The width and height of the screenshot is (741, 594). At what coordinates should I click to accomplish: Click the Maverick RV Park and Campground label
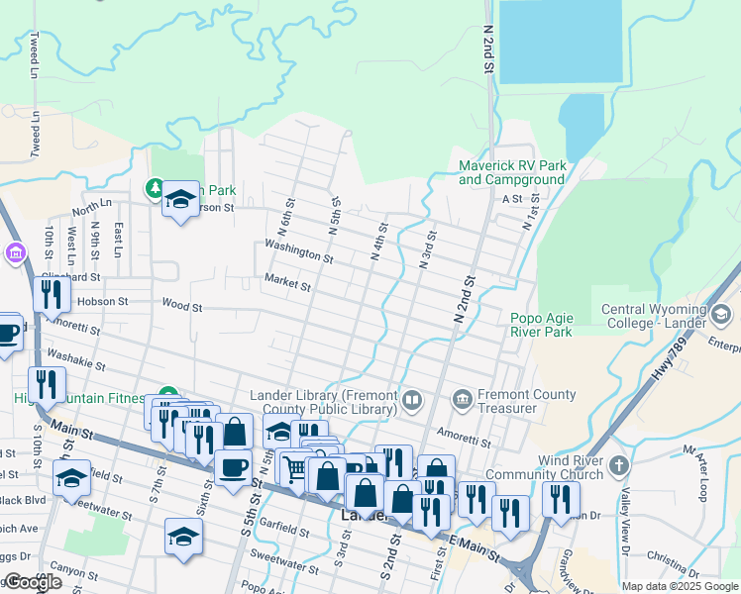(512, 172)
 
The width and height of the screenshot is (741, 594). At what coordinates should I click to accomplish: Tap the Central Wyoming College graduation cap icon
(720, 315)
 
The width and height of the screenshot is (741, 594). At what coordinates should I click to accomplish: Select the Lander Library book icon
(412, 401)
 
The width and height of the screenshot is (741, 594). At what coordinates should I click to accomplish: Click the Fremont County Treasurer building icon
(462, 401)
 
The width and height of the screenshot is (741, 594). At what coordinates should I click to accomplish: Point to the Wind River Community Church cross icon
(619, 466)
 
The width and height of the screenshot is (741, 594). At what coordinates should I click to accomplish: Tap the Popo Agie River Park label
(542, 325)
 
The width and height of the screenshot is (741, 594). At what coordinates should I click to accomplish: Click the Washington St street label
(298, 249)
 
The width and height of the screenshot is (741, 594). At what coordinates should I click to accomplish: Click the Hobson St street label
(103, 301)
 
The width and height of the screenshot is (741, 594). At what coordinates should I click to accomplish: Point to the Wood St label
(181, 307)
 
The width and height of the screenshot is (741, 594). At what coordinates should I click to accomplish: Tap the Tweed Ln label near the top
(35, 56)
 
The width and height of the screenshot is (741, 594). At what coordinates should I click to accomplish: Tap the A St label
(511, 198)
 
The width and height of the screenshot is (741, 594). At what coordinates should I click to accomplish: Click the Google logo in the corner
(33, 583)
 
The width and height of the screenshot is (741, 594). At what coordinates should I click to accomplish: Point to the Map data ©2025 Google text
(680, 586)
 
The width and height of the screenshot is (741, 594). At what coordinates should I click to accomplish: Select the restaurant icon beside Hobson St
(49, 294)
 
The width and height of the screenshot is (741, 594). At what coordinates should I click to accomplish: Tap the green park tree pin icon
(156, 187)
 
